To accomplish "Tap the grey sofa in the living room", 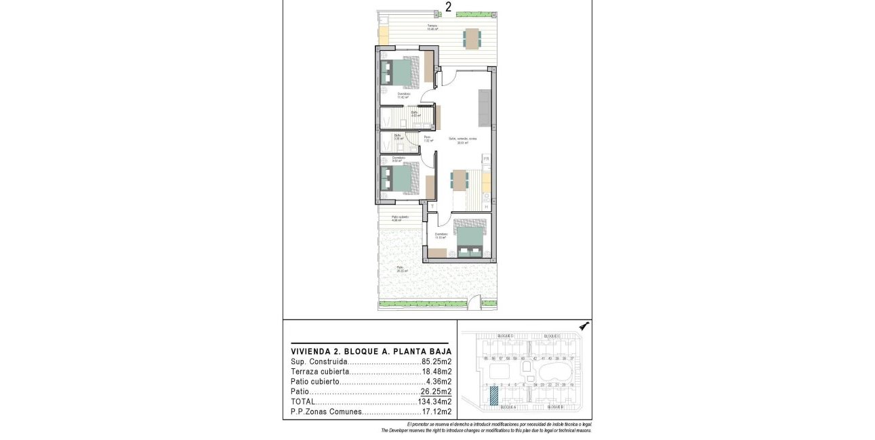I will coord(485,108).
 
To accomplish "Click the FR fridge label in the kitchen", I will coord(486,159).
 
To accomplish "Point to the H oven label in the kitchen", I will coord(486,206).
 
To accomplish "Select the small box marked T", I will coord(432,206).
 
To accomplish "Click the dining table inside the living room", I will coord(460,180).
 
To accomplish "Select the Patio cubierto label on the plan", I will coord(400,218).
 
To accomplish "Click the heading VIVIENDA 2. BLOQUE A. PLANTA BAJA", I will coord(371,352).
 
